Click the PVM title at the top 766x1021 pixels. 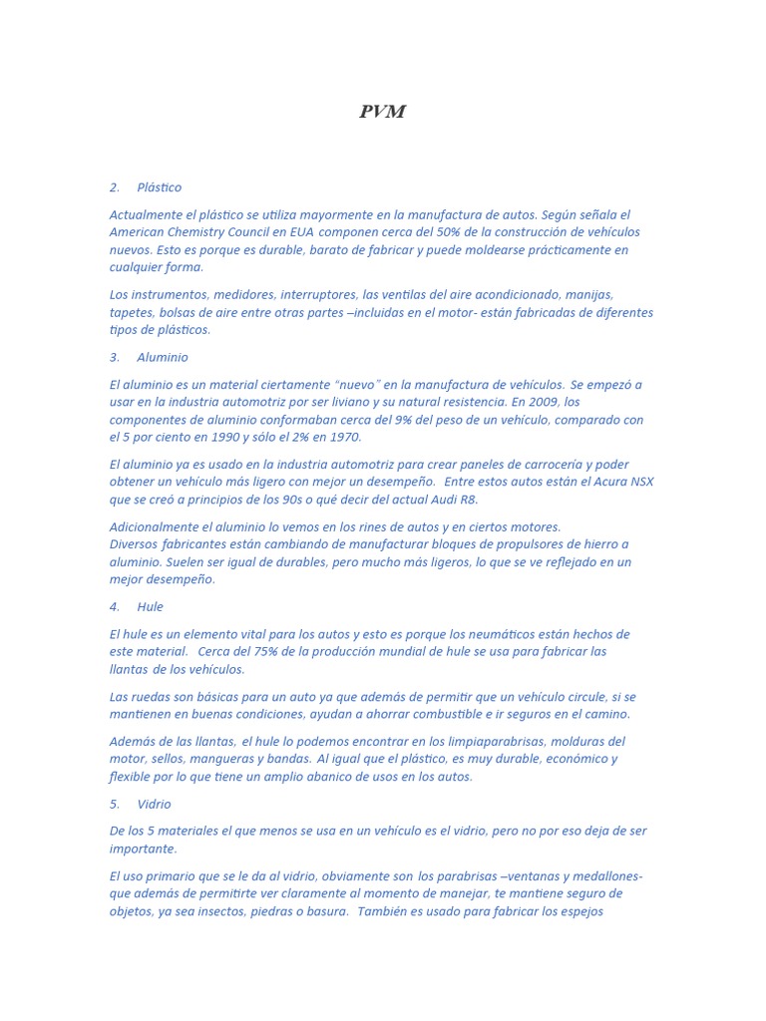point(382,112)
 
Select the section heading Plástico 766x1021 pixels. point(160,187)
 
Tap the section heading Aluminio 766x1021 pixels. point(163,357)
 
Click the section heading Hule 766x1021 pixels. point(151,606)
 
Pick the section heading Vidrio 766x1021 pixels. point(155,804)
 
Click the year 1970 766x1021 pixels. point(344,437)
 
